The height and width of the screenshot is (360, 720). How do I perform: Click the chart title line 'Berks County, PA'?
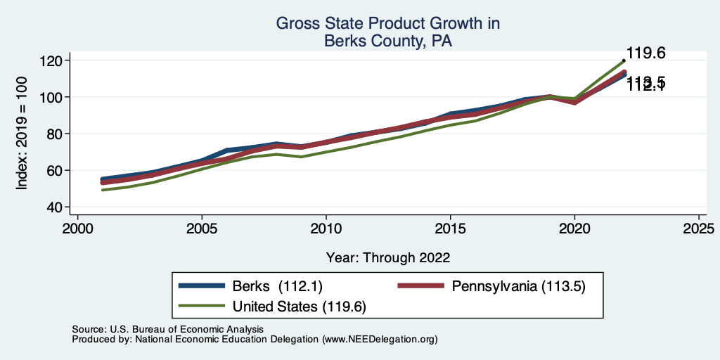tap(387, 41)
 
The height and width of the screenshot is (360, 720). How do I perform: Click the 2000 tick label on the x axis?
tap(77, 230)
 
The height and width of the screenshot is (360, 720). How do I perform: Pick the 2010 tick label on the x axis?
tap(326, 230)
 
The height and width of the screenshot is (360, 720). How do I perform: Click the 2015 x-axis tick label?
tap(450, 230)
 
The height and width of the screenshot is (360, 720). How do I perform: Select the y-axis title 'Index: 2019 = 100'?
tap(22, 134)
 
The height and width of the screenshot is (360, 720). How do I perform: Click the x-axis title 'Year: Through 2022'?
tap(388, 257)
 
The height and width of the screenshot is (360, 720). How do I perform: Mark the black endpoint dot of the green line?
tap(624, 60)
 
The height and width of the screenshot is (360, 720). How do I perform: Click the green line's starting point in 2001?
tap(103, 190)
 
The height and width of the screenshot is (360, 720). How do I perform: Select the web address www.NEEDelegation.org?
tap(380, 340)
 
